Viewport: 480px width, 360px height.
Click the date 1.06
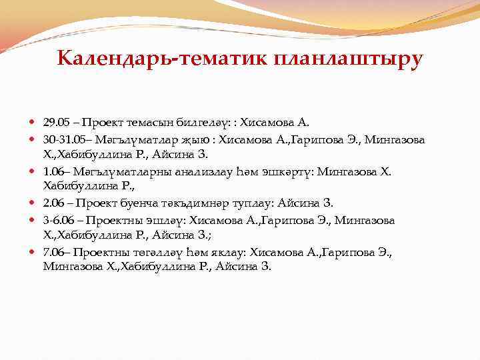pos(54,171)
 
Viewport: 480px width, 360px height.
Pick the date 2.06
pos(54,203)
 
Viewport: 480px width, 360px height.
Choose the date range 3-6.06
pos(59,220)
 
